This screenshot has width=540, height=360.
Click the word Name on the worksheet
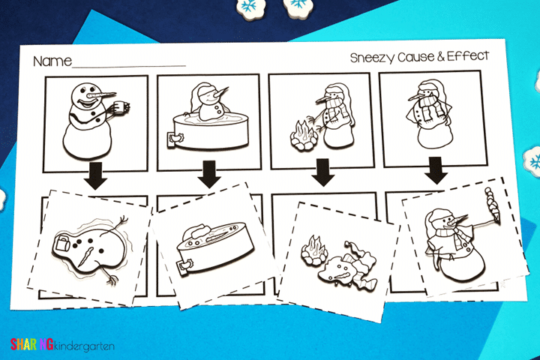(x=52, y=61)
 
